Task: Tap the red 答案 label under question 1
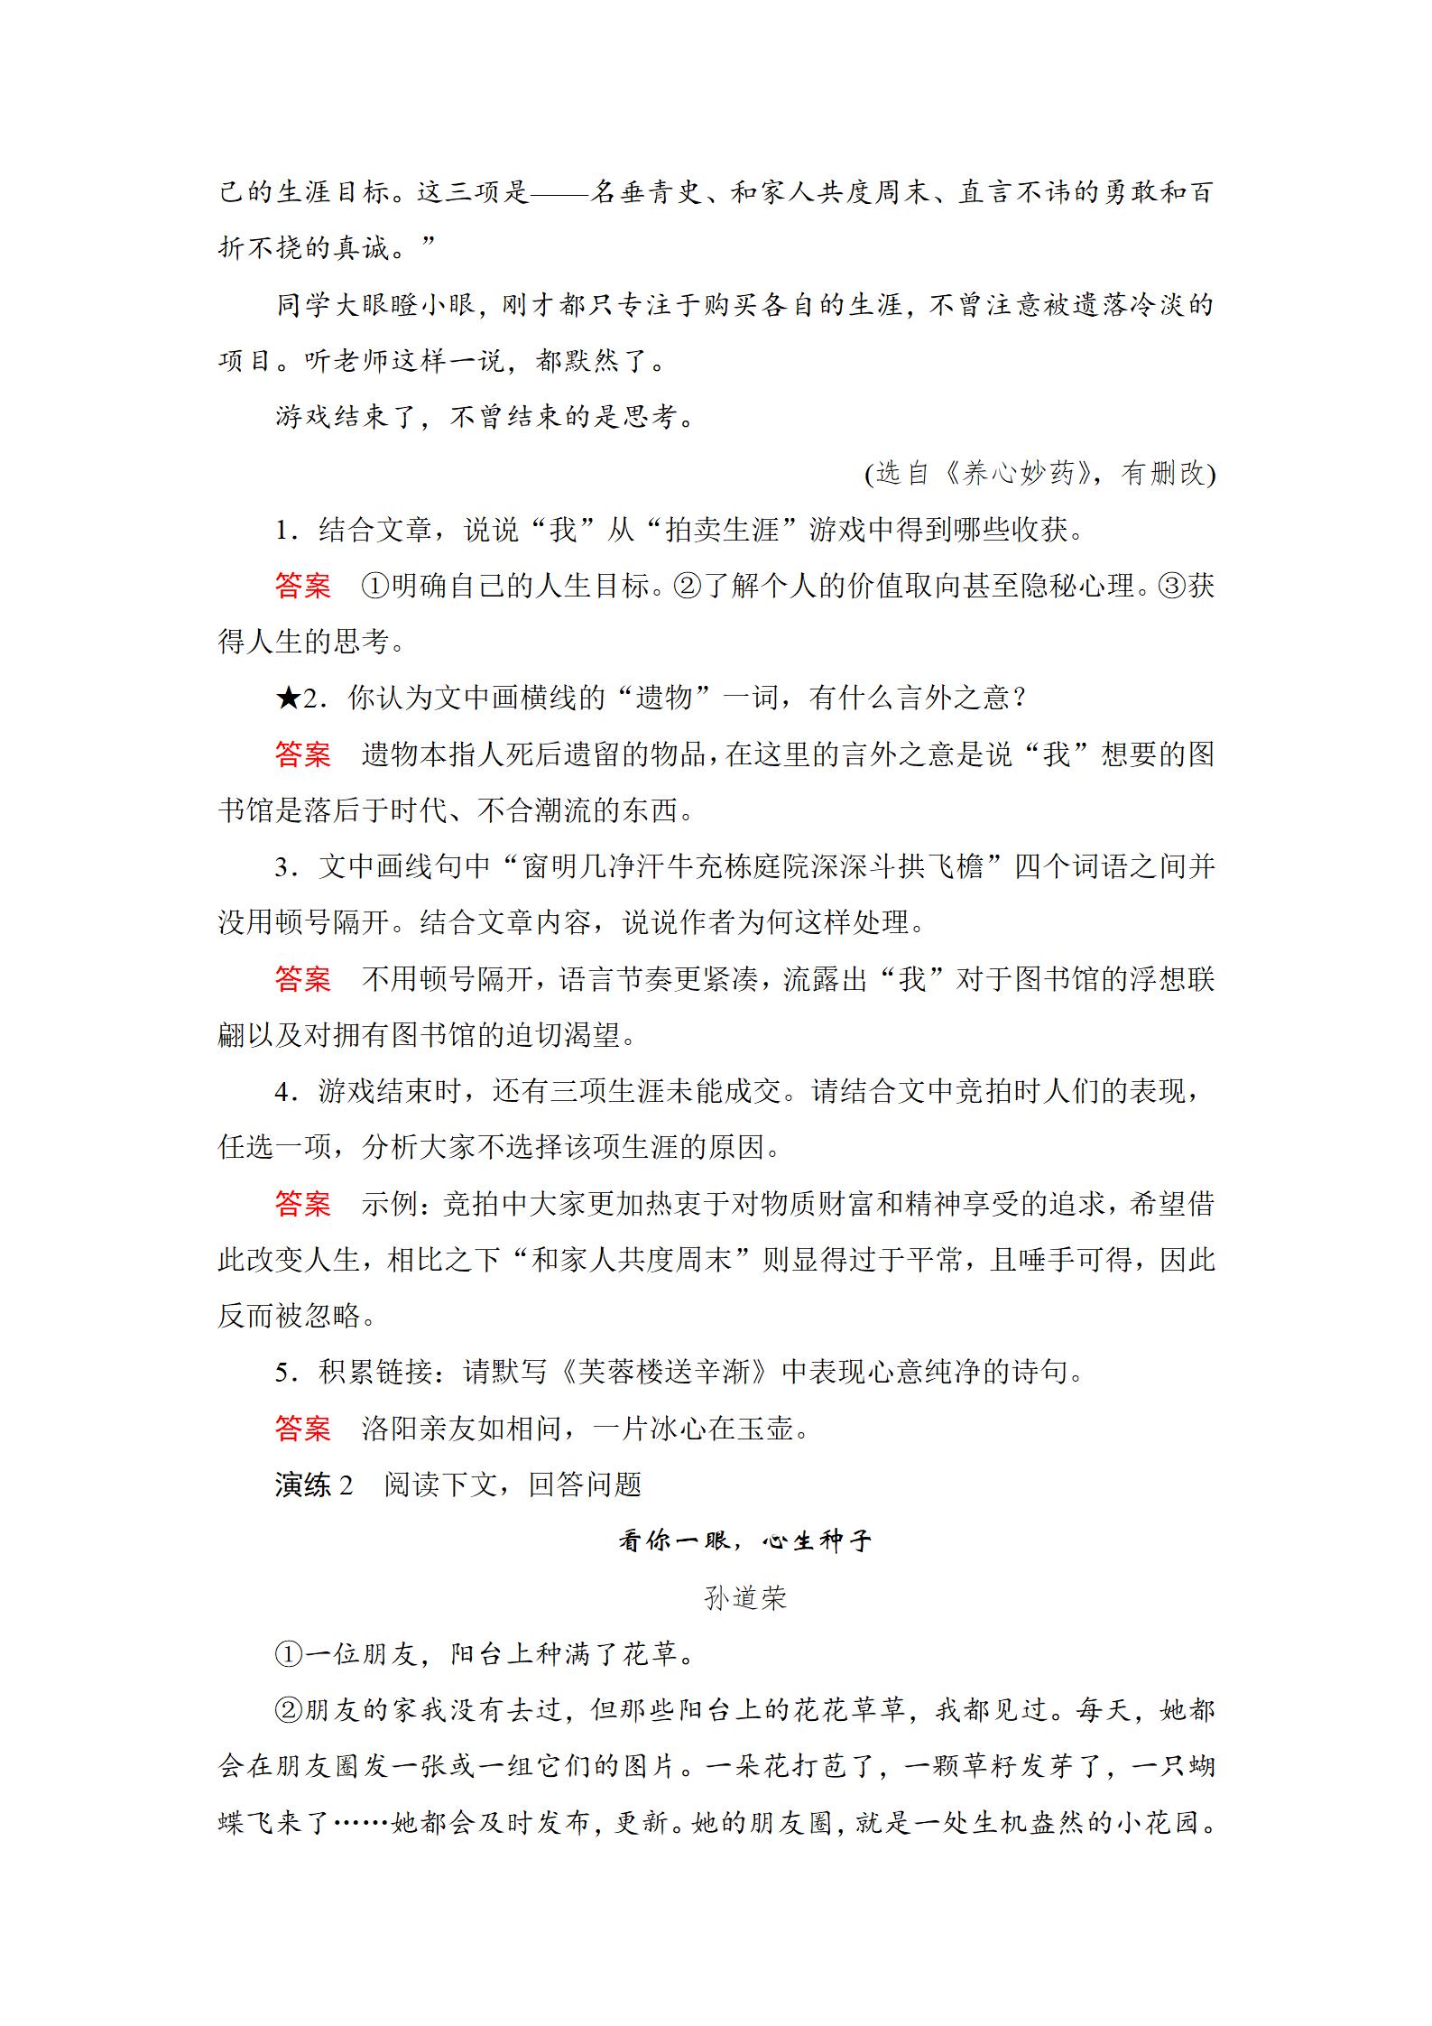(303, 587)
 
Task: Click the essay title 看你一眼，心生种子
(744, 1541)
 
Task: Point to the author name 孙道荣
(745, 1598)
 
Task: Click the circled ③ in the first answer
(1174, 587)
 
